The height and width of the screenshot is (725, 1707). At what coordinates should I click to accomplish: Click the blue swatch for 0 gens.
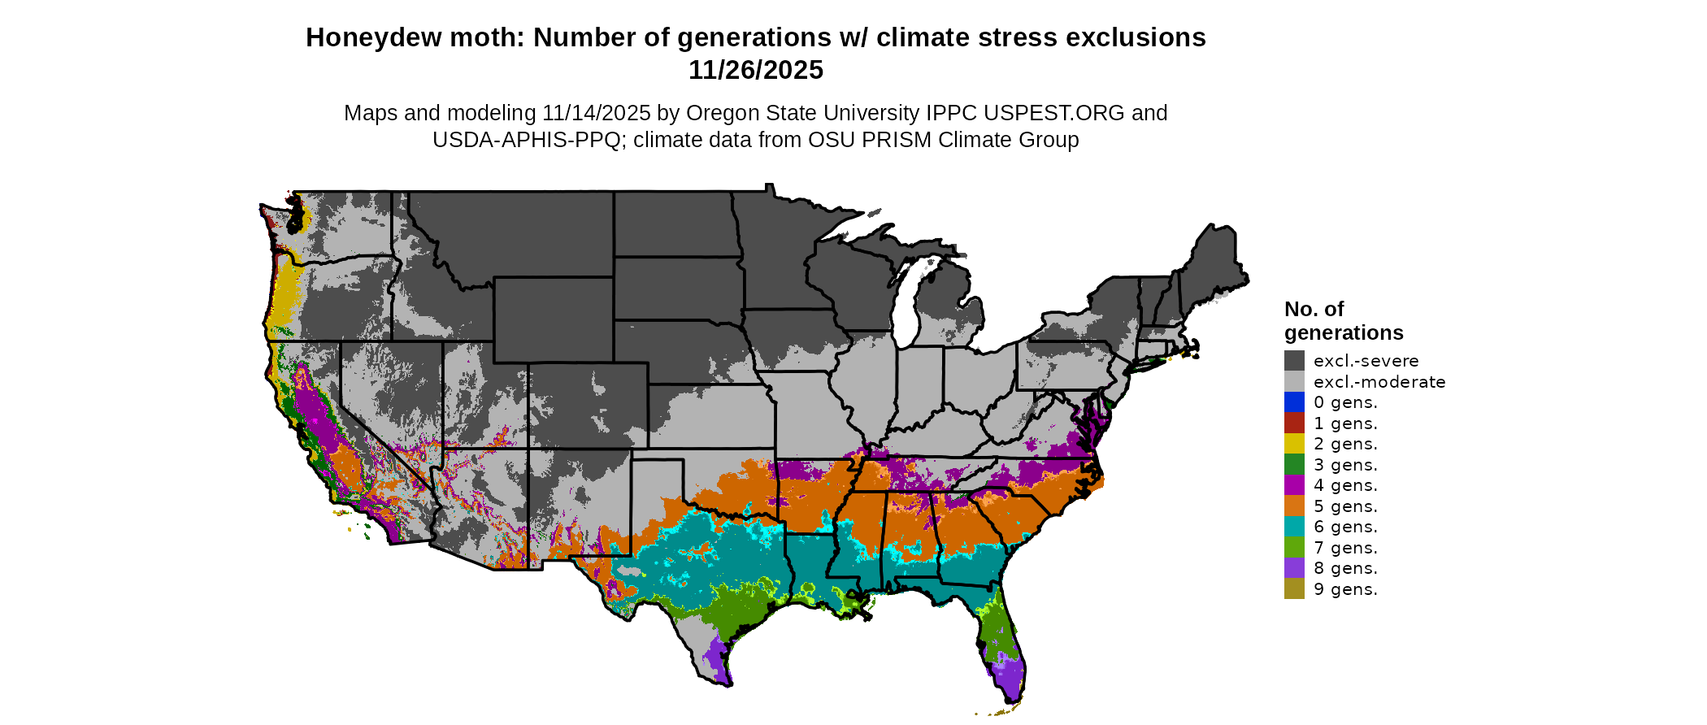[x=1294, y=402]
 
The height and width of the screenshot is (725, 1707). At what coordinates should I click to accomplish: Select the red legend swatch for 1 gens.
[x=1294, y=423]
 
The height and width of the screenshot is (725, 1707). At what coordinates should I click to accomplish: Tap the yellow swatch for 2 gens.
[x=1294, y=444]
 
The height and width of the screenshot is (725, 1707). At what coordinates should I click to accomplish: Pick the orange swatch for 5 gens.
[x=1294, y=506]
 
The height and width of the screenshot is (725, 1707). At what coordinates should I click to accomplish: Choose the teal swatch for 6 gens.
[x=1294, y=527]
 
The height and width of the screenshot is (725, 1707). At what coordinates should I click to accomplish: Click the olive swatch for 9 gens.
[x=1294, y=589]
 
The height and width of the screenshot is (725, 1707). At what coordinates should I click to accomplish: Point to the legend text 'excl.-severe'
[x=1366, y=361]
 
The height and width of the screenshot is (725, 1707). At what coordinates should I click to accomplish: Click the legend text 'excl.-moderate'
[x=1379, y=382]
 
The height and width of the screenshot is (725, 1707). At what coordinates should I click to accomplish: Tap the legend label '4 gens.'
[x=1345, y=485]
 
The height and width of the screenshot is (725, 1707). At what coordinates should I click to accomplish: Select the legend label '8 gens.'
[x=1345, y=568]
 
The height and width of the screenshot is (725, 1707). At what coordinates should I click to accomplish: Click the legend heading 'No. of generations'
[x=1343, y=321]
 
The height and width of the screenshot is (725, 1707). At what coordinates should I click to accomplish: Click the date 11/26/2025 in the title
[x=755, y=70]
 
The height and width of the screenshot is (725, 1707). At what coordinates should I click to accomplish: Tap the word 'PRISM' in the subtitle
[x=895, y=140]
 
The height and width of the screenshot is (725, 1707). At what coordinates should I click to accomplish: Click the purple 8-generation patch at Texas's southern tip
[x=718, y=658]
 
